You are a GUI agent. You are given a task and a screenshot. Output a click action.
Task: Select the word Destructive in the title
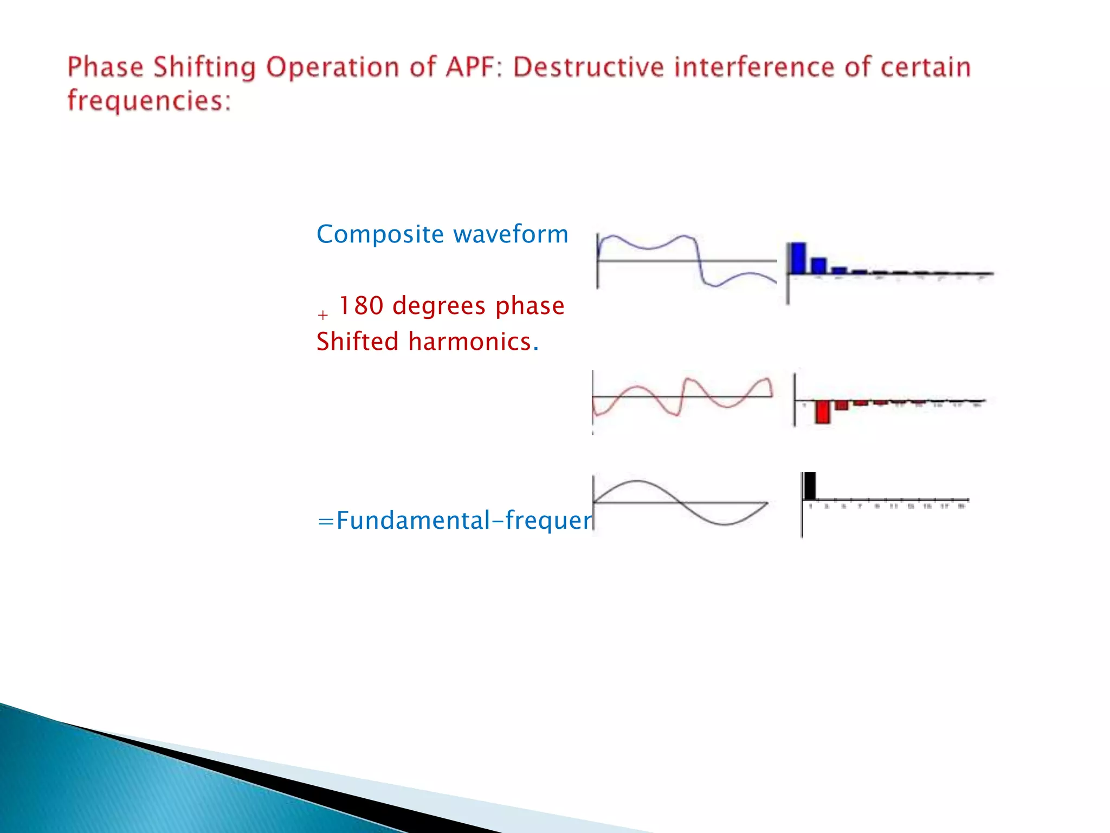588,68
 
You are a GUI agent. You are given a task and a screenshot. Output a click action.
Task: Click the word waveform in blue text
511,235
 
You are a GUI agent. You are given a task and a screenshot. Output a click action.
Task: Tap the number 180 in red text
361,306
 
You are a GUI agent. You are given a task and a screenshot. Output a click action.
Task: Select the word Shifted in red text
358,342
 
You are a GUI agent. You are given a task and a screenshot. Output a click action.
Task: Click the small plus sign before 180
323,315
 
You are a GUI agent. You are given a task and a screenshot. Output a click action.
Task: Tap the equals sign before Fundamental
325,521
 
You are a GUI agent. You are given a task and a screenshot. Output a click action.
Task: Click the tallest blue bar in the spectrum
797,258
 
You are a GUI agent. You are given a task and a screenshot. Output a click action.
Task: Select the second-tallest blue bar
818,266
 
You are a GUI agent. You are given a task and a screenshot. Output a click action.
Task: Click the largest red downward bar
823,412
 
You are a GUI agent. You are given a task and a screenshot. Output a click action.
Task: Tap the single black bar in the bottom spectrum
810,486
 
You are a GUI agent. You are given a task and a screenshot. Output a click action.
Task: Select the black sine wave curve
637,481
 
